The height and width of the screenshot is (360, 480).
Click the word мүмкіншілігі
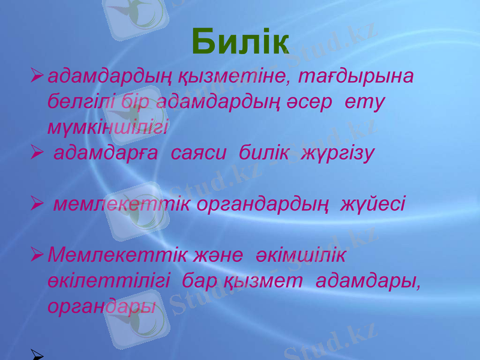coord(109,127)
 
